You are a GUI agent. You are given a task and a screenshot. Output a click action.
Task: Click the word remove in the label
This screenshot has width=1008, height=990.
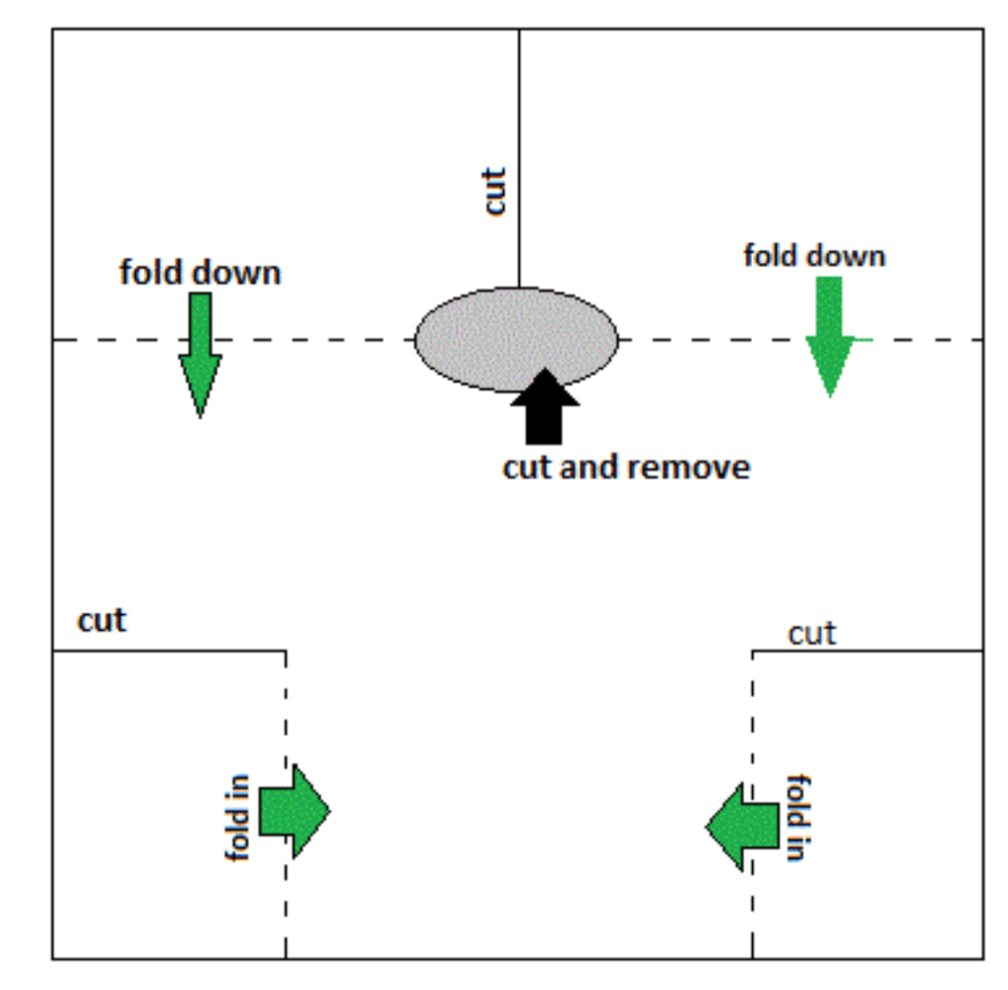(x=688, y=466)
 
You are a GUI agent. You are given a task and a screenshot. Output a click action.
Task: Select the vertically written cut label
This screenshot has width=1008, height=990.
(x=495, y=191)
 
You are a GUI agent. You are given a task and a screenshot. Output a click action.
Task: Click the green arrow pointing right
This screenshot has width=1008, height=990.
(x=295, y=811)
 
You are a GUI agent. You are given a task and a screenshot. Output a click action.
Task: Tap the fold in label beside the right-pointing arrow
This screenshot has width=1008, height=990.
(x=238, y=817)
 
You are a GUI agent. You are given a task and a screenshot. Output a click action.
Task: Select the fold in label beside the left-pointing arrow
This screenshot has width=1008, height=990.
(x=798, y=817)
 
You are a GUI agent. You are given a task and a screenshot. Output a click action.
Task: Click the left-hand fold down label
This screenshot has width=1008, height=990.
(x=200, y=273)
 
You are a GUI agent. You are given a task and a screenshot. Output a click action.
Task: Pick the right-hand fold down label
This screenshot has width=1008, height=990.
(x=814, y=256)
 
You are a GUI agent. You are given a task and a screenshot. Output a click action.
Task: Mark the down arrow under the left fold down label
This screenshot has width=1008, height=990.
(x=200, y=354)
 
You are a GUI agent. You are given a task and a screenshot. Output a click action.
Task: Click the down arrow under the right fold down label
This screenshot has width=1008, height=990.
(x=830, y=335)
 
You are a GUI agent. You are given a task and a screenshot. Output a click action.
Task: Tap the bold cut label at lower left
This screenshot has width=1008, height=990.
(x=102, y=621)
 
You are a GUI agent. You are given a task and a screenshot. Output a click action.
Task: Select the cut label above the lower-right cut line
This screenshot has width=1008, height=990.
(x=812, y=634)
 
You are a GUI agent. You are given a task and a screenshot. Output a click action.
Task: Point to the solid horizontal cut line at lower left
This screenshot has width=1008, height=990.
(x=167, y=650)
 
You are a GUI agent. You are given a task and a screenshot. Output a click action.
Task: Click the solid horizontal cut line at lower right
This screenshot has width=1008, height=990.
(x=866, y=650)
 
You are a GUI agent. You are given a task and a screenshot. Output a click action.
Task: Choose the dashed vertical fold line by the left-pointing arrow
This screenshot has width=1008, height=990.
(x=753, y=709)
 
